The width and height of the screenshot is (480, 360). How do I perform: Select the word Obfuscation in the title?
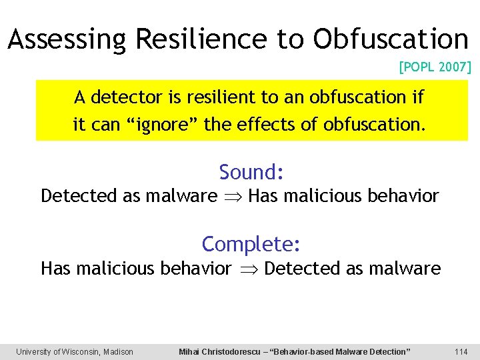391,39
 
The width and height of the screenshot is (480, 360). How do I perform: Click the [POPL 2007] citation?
435,67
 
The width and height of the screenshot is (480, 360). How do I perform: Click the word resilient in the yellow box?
221,97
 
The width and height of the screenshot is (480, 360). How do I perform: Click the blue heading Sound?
252,172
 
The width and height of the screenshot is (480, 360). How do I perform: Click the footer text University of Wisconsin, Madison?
75,351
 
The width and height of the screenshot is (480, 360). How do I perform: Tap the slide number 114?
461,351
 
